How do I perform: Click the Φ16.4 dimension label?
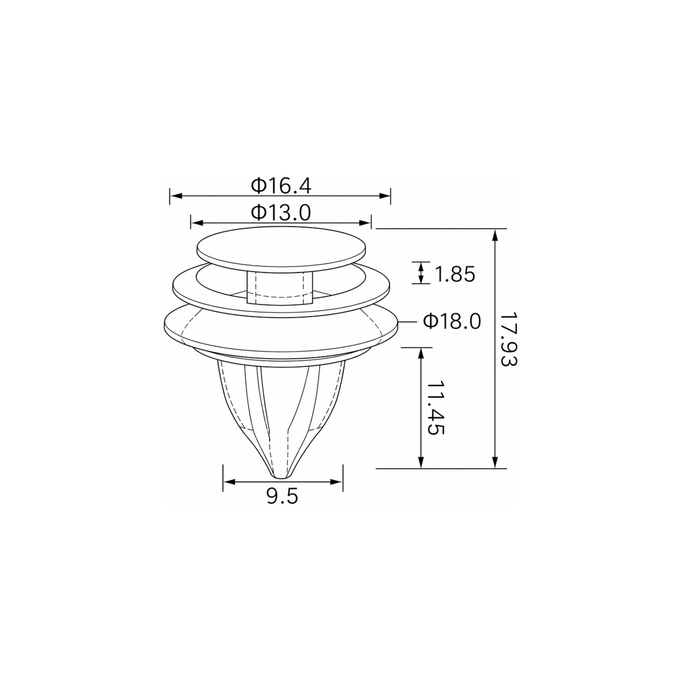tap(281, 186)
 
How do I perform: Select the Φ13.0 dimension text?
tap(281, 212)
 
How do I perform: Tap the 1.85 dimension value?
tap(455, 274)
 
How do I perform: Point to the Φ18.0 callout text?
tap(452, 322)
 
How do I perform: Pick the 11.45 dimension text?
tap(436, 408)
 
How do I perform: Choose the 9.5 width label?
tap(282, 496)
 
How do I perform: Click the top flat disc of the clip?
tap(281, 250)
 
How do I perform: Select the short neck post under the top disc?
tap(280, 287)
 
